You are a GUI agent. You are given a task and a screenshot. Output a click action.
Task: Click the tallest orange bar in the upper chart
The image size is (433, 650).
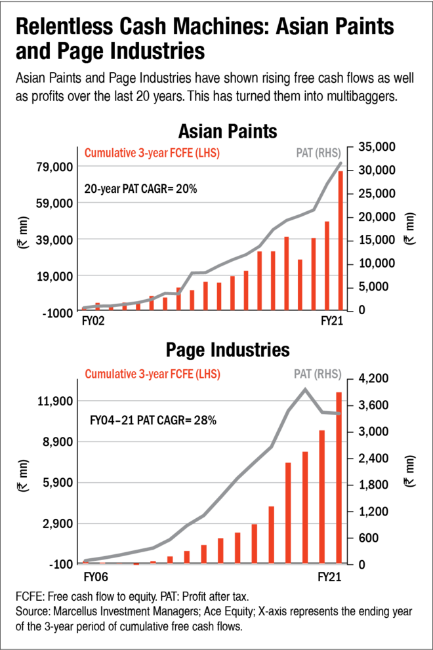point(340,240)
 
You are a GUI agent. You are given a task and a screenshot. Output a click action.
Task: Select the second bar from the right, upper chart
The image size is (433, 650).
point(327,265)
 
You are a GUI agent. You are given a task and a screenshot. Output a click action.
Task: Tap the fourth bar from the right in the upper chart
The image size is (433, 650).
point(300,284)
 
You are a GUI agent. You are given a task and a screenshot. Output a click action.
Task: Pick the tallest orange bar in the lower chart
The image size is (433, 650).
point(339,477)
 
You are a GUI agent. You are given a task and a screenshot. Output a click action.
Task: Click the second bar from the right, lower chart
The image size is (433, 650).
point(322,497)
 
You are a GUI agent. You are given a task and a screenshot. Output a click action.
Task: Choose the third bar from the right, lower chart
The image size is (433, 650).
point(305,507)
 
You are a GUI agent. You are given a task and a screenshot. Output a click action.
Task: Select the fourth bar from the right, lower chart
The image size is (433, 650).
point(288,513)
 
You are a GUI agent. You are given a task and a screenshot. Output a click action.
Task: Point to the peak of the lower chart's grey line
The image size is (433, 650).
point(305,388)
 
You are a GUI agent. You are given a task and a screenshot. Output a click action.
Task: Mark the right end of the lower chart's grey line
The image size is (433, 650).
point(339,414)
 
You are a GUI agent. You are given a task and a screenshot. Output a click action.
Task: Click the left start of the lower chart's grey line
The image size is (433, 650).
point(85,560)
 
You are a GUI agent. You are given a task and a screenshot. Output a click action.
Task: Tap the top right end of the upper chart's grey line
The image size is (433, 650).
point(340,163)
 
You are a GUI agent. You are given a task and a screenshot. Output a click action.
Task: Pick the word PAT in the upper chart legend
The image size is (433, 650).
point(304,153)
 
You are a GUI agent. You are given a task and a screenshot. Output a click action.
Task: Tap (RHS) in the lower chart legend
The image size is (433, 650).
point(328,374)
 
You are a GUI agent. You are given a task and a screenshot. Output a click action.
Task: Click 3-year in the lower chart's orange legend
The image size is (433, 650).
point(154,374)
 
